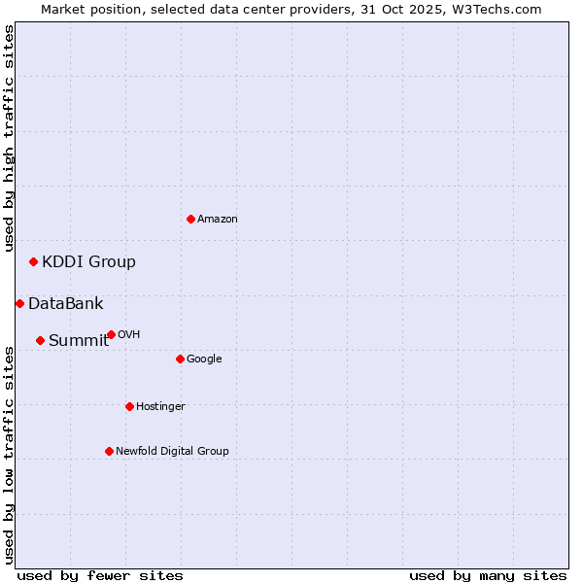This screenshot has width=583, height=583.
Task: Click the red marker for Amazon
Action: [190, 219]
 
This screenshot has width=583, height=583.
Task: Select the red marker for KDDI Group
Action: [33, 261]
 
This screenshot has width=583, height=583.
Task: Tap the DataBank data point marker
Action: [19, 303]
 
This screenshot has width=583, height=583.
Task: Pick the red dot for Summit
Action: [40, 340]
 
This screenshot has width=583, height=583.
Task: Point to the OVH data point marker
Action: [111, 334]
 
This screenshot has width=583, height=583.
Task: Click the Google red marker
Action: [180, 359]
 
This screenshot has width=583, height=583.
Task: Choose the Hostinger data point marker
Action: [129, 406]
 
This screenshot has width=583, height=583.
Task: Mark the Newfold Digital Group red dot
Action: [109, 451]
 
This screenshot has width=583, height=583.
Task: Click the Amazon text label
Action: [218, 220]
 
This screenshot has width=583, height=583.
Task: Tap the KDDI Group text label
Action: [88, 261]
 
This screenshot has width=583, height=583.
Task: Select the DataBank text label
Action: [65, 304]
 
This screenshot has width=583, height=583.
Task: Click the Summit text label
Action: [79, 340]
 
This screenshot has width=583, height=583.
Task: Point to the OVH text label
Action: [129, 335]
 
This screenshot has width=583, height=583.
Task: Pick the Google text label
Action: [204, 360]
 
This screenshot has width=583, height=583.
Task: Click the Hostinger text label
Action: [160, 407]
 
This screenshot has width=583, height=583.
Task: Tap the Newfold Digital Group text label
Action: [172, 451]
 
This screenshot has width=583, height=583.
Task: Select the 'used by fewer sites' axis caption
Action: [100, 575]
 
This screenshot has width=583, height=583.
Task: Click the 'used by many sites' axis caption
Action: [488, 575]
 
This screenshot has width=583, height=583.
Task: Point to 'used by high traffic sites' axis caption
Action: [9, 138]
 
